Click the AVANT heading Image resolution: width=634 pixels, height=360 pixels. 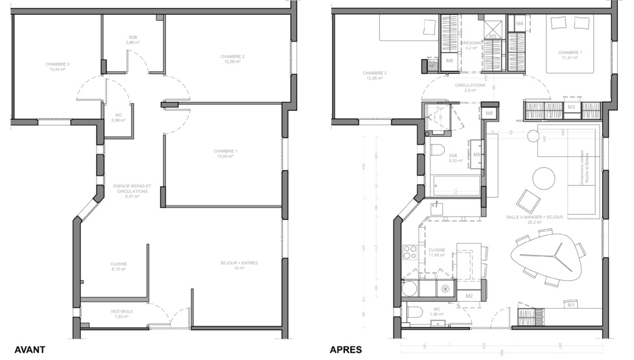point(30,350)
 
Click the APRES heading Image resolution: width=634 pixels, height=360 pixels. point(346,350)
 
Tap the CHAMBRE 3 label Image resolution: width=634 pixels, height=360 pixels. point(57,64)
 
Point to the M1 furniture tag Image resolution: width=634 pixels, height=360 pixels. point(571,304)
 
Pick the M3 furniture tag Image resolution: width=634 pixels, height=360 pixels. point(571,106)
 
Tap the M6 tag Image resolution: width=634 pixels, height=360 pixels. point(449,60)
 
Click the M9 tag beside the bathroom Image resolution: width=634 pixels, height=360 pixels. point(476,154)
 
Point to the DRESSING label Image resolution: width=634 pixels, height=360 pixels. point(471,43)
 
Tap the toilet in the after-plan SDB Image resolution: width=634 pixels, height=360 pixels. point(438,150)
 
